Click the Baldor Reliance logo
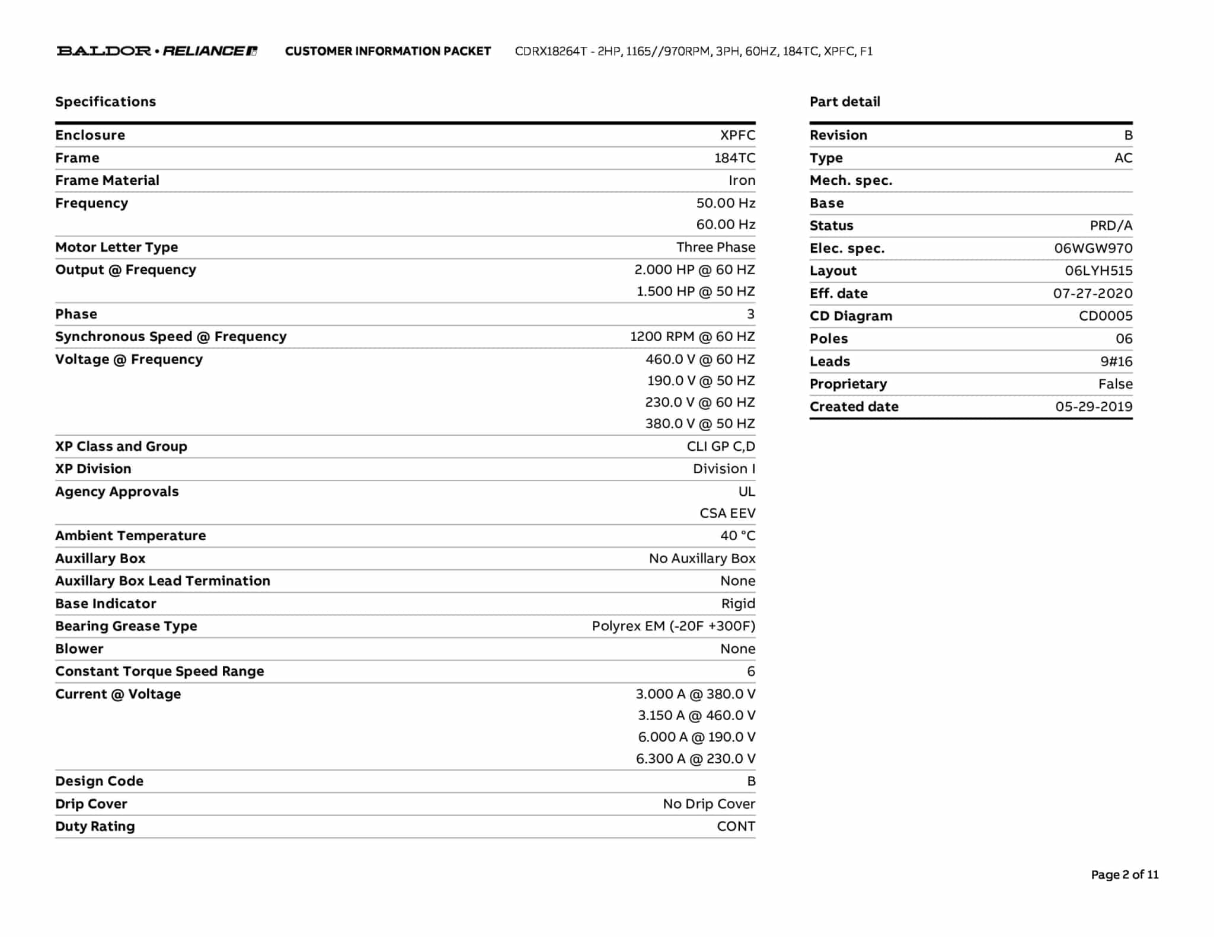click(157, 51)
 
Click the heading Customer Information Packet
click(388, 51)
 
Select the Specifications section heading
click(106, 101)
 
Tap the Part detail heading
click(845, 101)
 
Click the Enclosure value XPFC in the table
click(737, 135)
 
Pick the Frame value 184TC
click(734, 158)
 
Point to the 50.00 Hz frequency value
click(726, 203)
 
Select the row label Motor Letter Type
click(116, 247)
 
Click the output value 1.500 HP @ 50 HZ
click(695, 291)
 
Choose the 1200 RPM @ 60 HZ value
click(692, 336)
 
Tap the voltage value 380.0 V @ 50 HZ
click(700, 423)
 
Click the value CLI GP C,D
click(721, 446)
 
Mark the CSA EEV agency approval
click(727, 513)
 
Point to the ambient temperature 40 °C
click(737, 535)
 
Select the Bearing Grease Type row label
click(126, 626)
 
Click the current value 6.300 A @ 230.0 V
click(695, 758)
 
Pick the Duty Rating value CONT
click(736, 826)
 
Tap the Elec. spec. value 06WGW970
click(1093, 248)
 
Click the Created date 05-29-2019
click(1094, 406)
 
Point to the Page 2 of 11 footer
click(1124, 874)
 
